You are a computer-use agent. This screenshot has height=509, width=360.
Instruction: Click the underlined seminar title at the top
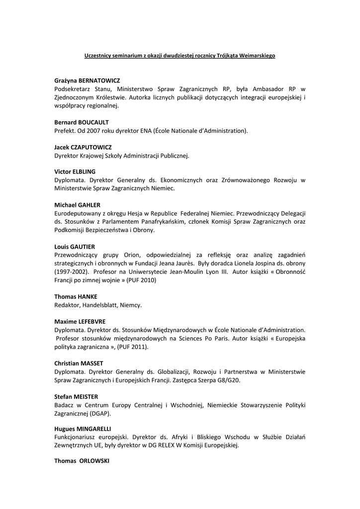(x=180, y=56)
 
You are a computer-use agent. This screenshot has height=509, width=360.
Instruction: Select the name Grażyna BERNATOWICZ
(x=87, y=81)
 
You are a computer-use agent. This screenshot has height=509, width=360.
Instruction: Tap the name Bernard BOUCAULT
(x=82, y=122)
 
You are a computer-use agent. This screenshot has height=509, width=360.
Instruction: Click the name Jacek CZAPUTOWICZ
(x=83, y=148)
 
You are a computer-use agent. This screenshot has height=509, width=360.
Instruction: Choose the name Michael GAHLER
(x=77, y=205)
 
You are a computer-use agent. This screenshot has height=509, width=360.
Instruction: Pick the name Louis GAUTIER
(x=75, y=247)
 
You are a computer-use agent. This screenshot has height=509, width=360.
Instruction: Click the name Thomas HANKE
(x=76, y=297)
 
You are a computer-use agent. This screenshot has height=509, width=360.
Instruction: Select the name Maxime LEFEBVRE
(x=80, y=322)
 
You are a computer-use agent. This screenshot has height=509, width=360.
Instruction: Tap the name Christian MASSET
(x=79, y=363)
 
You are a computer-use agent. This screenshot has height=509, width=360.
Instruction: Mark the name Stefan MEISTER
(x=76, y=397)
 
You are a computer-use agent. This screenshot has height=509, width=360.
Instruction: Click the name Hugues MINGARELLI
(x=83, y=428)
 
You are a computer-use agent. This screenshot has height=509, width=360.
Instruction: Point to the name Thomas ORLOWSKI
(x=82, y=461)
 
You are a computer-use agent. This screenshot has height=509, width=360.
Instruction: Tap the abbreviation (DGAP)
(x=100, y=413)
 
